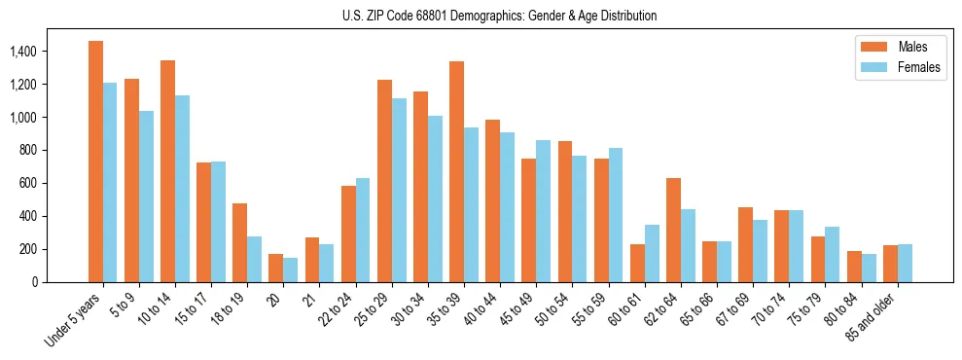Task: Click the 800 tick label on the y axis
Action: [28, 151]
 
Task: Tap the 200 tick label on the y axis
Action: [28, 249]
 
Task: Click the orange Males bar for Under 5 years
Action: [95, 162]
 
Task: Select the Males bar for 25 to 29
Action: [384, 181]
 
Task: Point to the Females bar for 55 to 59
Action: [616, 215]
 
